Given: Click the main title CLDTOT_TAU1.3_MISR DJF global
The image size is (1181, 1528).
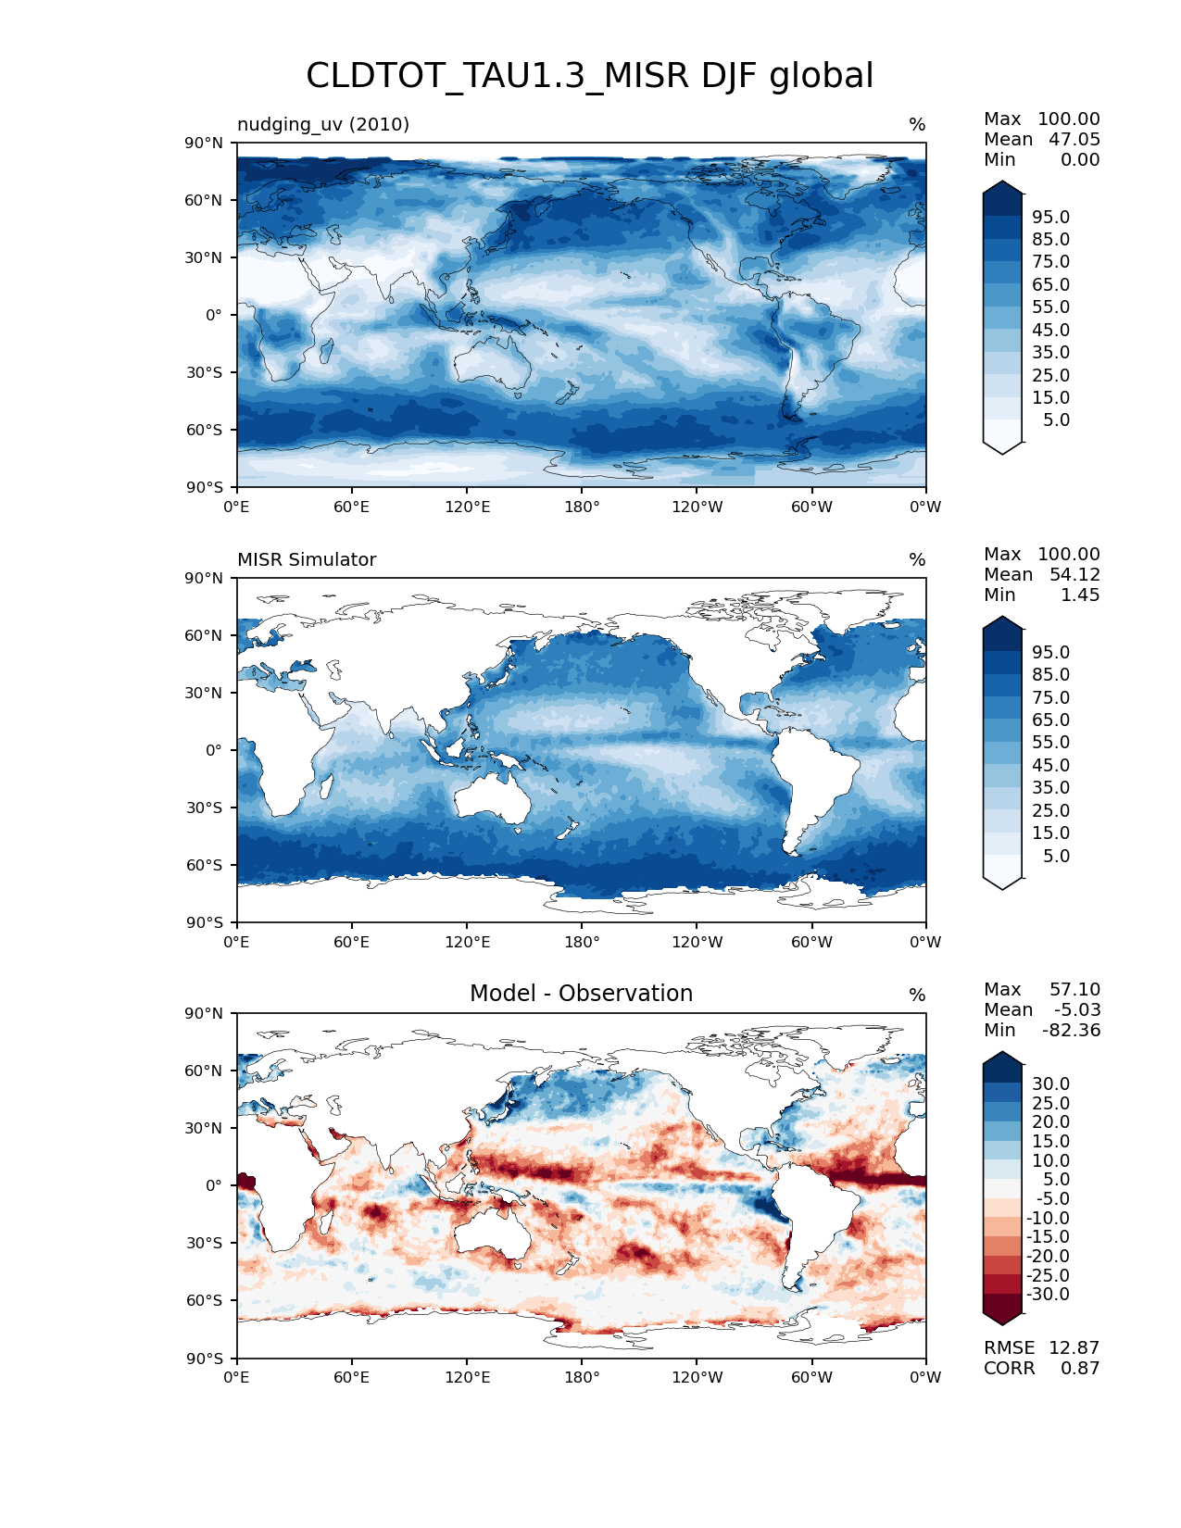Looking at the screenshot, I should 589,76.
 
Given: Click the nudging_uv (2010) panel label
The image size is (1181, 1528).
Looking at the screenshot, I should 323,124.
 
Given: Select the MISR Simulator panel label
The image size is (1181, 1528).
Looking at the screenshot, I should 307,559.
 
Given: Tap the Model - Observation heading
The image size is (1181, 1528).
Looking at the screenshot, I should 581,994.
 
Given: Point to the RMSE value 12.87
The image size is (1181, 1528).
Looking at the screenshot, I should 1074,1347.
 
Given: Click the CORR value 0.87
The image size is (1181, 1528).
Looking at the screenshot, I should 1080,1368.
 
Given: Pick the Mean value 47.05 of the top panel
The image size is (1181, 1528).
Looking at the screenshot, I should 1074,139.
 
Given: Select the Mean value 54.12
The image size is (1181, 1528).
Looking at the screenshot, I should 1074,574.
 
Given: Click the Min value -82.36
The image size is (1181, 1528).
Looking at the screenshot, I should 1072,1030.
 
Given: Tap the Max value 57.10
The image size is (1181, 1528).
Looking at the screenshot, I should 1074,989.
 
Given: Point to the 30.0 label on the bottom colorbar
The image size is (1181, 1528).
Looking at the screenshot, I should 1051,1083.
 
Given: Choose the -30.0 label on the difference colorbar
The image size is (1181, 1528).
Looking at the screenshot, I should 1049,1294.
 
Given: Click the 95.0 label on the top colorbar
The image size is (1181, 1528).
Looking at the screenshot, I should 1051,217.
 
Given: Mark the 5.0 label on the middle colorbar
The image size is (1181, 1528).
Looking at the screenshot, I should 1056,856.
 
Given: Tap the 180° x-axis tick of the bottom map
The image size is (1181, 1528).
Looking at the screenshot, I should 582,1377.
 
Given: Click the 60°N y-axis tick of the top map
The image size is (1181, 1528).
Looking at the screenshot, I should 205,200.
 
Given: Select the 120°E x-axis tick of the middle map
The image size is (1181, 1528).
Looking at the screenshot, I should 467,942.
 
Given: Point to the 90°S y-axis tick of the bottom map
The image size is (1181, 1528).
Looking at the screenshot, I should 205,1359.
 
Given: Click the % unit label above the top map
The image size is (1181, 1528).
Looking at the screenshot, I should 917,125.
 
